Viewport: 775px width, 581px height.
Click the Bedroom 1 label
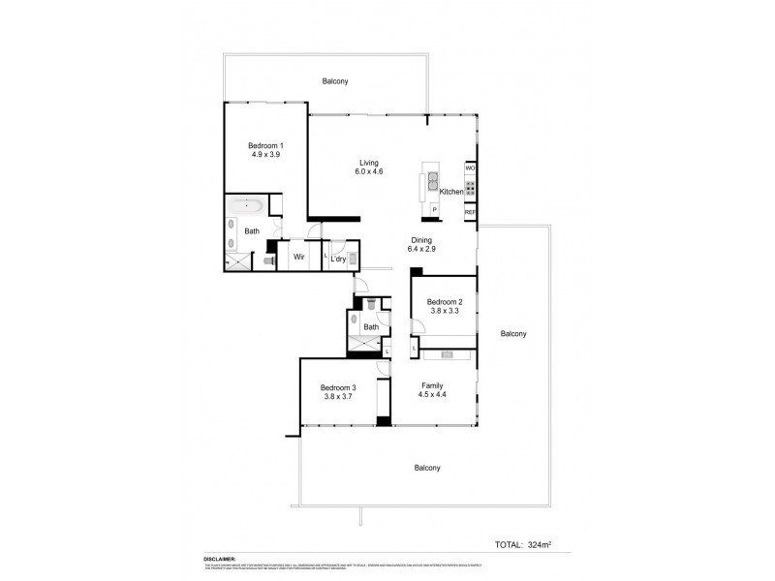(x=266, y=146)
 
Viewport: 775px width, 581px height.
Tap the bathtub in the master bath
(x=250, y=205)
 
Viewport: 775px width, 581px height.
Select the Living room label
(x=368, y=163)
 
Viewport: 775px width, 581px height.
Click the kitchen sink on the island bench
(x=434, y=181)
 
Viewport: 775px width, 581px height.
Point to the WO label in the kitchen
(x=470, y=168)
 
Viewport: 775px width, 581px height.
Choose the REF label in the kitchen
(x=470, y=211)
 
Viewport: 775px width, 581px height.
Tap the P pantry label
(x=434, y=209)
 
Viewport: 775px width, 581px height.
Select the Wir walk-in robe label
(x=300, y=259)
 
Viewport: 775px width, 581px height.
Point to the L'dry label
(x=338, y=259)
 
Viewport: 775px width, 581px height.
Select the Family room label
(x=432, y=385)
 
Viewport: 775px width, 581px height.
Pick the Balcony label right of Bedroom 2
(x=512, y=334)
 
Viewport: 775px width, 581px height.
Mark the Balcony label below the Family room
(x=427, y=468)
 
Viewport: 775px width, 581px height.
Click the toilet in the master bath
(x=267, y=260)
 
